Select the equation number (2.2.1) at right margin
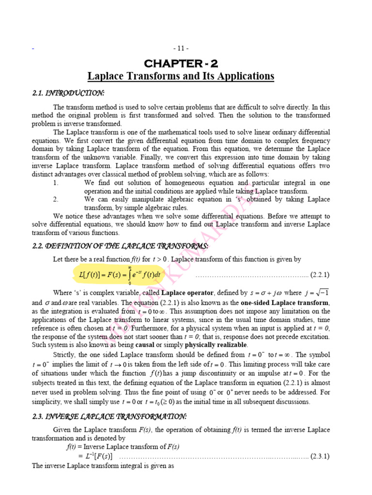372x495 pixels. [320, 275]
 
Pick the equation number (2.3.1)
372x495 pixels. [320, 456]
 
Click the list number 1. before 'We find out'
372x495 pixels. [56, 183]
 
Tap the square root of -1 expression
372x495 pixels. [319, 292]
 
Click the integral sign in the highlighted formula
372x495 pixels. [129, 275]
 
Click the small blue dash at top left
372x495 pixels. [33, 49]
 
